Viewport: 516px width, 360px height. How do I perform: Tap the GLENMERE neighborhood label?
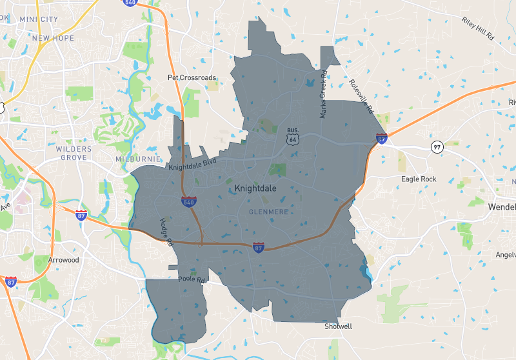(268, 212)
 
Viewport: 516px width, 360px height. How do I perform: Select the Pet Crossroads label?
(192, 77)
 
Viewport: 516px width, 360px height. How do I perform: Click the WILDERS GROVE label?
(74, 154)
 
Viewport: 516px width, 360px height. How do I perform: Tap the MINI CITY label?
(43, 19)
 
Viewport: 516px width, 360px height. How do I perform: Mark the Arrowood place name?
(63, 260)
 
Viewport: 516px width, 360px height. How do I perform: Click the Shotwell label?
(338, 326)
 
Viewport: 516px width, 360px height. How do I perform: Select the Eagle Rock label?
(419, 179)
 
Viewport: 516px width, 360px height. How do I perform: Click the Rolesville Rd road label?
(361, 96)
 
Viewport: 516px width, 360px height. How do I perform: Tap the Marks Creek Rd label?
(323, 95)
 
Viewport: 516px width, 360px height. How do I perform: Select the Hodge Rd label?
(166, 232)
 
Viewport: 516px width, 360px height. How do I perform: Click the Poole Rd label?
(192, 281)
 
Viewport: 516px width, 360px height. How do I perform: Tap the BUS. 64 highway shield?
(293, 136)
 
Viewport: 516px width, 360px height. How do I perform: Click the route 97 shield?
(437, 146)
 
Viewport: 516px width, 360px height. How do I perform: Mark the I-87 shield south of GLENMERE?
(259, 247)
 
